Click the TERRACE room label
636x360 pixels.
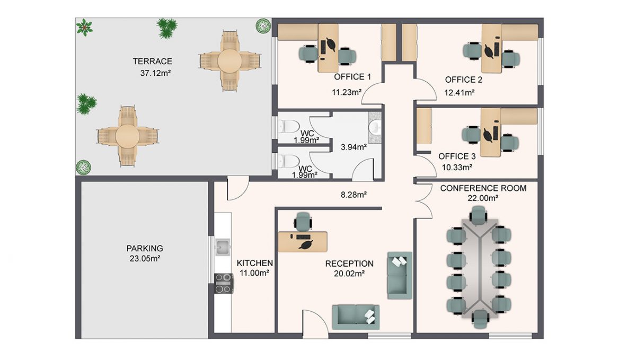coord(152,62)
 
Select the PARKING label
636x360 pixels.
coord(144,248)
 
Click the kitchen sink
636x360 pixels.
coord(223,246)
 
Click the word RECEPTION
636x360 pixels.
coord(349,264)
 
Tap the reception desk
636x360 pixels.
coord(303,241)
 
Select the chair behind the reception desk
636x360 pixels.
coord(303,220)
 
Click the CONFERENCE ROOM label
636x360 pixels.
coord(483,188)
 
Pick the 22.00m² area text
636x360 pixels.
coord(483,198)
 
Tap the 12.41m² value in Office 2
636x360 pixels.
coord(459,92)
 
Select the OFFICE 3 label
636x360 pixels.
coord(457,157)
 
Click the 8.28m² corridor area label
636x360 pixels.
coord(354,195)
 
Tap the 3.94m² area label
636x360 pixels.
coord(354,147)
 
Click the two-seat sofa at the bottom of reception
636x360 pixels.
coord(355,316)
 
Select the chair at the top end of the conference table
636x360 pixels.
coord(478,214)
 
